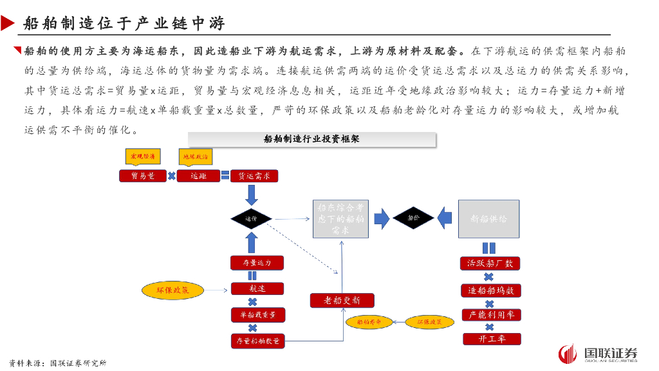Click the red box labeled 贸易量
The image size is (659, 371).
tap(143, 175)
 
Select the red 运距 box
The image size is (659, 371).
tap(198, 175)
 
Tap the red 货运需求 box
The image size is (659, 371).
tap(254, 175)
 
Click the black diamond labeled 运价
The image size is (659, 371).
tap(252, 219)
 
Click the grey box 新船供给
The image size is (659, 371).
tap(488, 219)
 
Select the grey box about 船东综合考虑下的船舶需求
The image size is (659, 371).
tap(340, 219)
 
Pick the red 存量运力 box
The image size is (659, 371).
tap(257, 263)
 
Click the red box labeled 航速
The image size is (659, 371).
tap(257, 289)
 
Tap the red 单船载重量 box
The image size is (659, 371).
tap(257, 315)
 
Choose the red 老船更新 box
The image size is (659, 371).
tap(342, 300)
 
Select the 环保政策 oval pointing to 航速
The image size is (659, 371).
tap(173, 290)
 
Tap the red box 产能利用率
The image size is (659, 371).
tap(491, 315)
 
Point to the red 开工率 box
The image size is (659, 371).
tap(491, 339)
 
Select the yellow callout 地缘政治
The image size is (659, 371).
tap(195, 156)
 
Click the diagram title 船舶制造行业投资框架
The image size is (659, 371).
tap(311, 139)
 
